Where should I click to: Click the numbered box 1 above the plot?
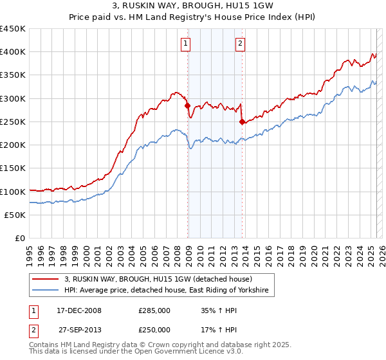(x=186, y=44)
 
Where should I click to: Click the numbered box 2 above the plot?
(x=240, y=44)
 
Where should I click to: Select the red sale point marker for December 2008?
(x=188, y=105)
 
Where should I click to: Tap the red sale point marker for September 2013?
(x=242, y=122)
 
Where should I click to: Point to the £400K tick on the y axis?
(x=13, y=52)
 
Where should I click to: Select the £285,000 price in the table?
(x=154, y=310)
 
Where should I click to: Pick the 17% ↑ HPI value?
(x=216, y=329)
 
